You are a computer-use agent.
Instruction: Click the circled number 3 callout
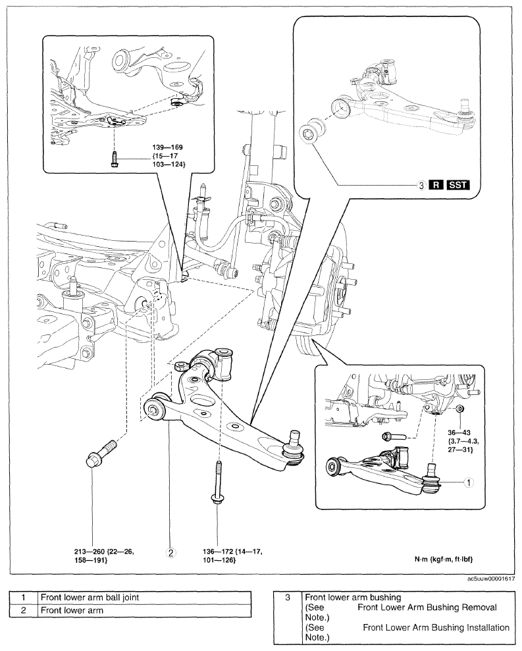point(421,185)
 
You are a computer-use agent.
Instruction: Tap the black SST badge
point(458,185)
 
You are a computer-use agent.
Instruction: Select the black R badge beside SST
point(436,185)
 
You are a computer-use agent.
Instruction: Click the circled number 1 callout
point(469,482)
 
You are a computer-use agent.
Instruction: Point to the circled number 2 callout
point(170,553)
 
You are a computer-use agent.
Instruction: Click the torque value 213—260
point(89,552)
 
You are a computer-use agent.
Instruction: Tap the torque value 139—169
point(167,147)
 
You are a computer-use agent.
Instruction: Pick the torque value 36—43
point(459,432)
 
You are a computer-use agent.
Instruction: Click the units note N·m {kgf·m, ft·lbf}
point(444,560)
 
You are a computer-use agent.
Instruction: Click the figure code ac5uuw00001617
point(491,579)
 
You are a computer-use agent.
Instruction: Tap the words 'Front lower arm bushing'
point(353,597)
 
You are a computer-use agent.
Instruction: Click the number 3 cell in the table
point(288,597)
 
